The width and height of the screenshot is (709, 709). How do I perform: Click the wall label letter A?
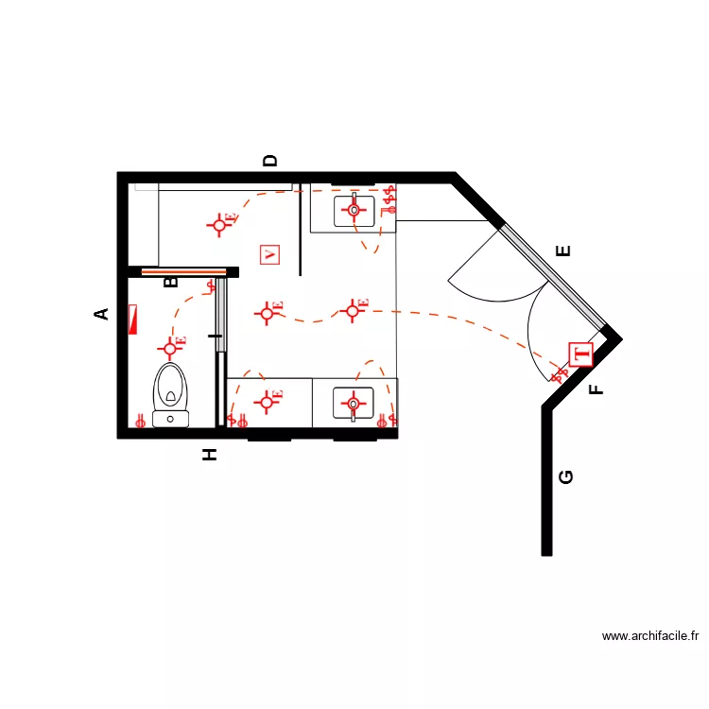coord(103,314)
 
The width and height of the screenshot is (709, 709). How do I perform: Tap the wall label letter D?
coord(271,161)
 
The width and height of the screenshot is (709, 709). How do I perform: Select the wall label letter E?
coord(564,251)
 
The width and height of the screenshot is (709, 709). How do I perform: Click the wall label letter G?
coord(566,477)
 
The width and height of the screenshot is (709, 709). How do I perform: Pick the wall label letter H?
coord(210,455)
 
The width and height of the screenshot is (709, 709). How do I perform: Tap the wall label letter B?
coord(172,282)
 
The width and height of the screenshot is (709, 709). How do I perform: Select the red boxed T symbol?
coord(580,354)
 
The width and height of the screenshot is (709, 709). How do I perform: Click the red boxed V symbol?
coord(271,254)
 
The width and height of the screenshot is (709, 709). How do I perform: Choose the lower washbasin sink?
coord(354,404)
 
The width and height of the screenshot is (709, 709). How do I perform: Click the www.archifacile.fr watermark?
coord(650,637)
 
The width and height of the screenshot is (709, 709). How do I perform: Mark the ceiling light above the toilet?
coord(171,347)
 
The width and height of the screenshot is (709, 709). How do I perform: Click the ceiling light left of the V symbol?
coord(220,224)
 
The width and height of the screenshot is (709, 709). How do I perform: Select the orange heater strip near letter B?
coord(183,272)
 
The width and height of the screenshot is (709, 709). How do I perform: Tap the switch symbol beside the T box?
coord(561,374)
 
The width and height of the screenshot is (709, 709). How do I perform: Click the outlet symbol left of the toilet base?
coord(141,422)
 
